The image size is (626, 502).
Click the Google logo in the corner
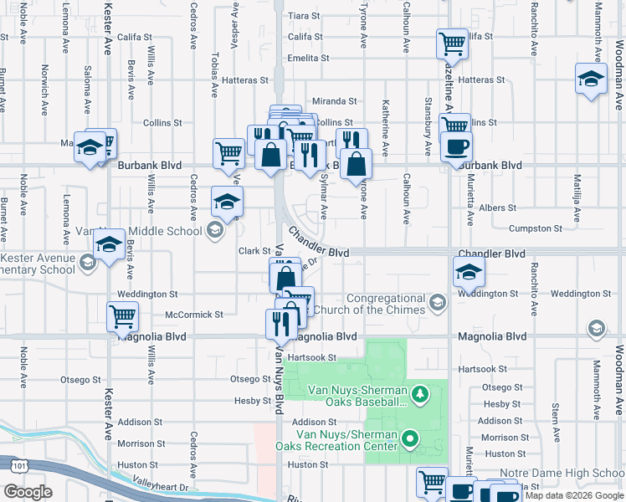click(28, 492)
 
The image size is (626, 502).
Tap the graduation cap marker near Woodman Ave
click(591, 79)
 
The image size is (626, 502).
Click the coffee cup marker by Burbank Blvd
click(456, 147)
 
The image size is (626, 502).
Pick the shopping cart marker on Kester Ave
click(122, 316)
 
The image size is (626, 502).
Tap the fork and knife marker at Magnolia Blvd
click(280, 324)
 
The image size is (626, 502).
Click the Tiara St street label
click(304, 16)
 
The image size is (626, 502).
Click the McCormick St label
click(194, 315)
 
